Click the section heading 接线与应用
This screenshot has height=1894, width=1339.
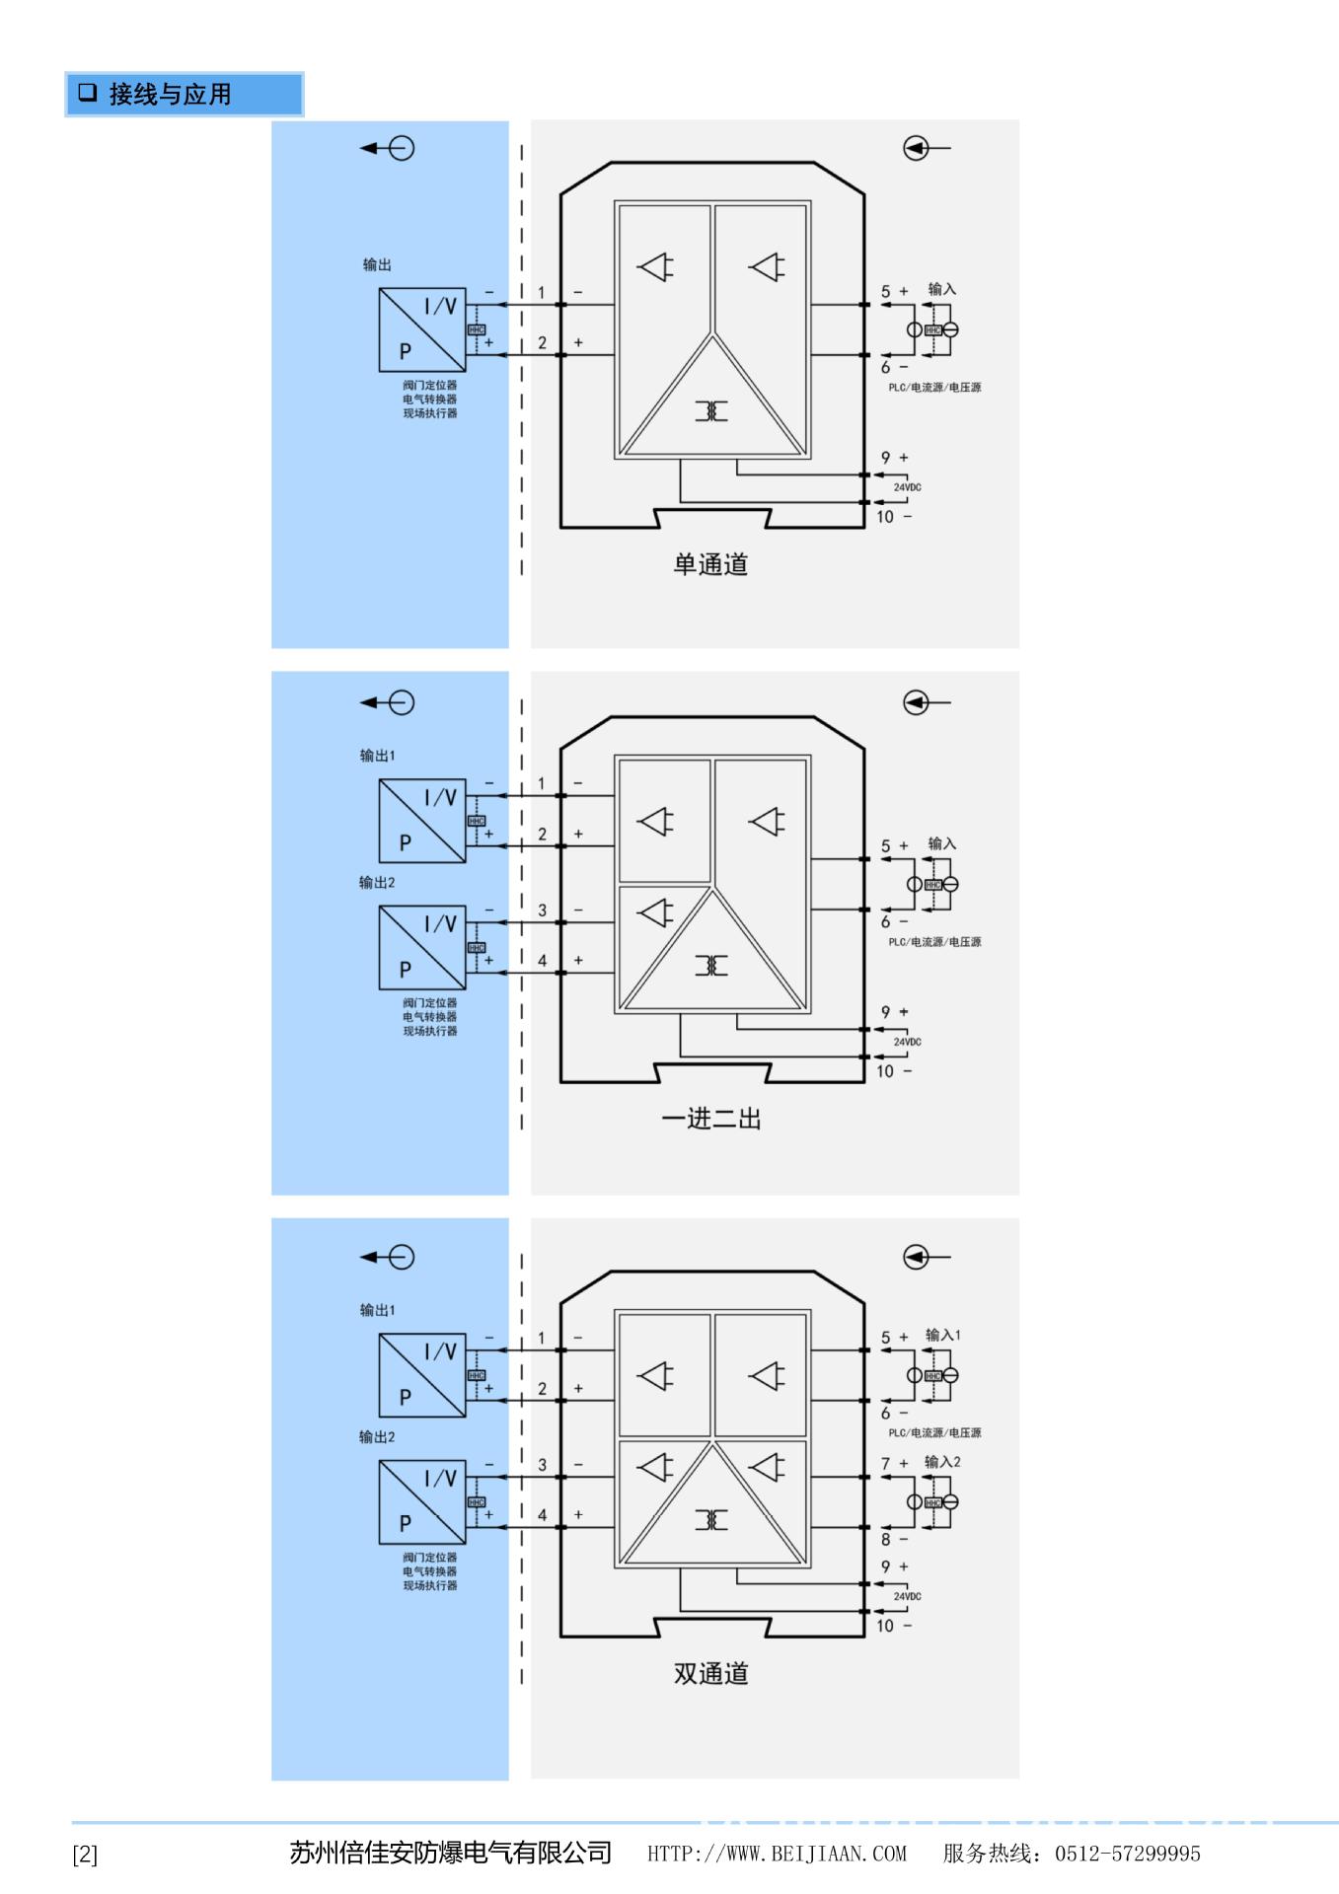tap(169, 95)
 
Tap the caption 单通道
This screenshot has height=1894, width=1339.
tap(710, 564)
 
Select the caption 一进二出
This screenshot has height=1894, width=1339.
tap(710, 1119)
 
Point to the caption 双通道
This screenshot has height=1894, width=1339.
tap(710, 1673)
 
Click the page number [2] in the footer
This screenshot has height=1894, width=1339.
tap(85, 1855)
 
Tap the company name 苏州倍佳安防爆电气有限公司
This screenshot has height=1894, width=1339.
tap(450, 1853)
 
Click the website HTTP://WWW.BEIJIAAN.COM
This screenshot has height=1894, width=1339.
tap(777, 1854)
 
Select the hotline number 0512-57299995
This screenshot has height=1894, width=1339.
tap(1127, 1854)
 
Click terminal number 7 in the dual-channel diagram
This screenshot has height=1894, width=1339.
tap(885, 1464)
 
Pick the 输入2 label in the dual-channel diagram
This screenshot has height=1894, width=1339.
tap(941, 1462)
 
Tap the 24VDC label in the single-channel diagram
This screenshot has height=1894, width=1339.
tap(907, 487)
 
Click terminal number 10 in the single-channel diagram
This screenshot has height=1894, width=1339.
tap(885, 516)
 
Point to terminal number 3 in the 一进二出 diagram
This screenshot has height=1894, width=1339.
tap(542, 911)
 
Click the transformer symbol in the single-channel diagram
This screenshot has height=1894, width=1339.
tap(710, 410)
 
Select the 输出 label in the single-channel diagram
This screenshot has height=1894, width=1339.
tap(377, 264)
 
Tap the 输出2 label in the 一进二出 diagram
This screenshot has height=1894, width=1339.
tap(377, 882)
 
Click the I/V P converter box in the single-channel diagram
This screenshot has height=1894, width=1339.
tap(422, 329)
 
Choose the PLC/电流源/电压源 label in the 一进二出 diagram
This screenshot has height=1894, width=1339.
tap(934, 942)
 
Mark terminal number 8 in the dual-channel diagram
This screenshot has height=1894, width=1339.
tap(885, 1539)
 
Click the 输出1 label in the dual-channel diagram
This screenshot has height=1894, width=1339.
tap(377, 1310)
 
